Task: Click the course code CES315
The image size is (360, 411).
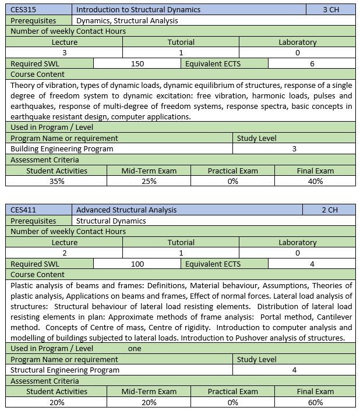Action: pyautogui.click(x=23, y=9)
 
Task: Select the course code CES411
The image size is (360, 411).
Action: pyautogui.click(x=23, y=210)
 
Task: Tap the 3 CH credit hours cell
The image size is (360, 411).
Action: pyautogui.click(x=330, y=9)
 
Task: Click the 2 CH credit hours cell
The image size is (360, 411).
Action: pyautogui.click(x=330, y=210)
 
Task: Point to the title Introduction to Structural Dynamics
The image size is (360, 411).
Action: pyautogui.click(x=138, y=9)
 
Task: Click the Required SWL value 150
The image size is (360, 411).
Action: pyautogui.click(x=137, y=64)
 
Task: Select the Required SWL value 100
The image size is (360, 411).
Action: pyautogui.click(x=137, y=264)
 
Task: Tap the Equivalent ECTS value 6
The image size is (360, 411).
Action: pyautogui.click(x=312, y=64)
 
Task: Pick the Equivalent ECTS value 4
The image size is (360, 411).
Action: pyautogui.click(x=312, y=264)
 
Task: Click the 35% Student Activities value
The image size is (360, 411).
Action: pyautogui.click(x=57, y=182)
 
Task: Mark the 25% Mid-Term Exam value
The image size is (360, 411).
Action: pyautogui.click(x=149, y=182)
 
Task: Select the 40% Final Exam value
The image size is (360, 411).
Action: pyautogui.click(x=315, y=182)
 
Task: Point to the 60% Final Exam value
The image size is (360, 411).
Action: pyautogui.click(x=315, y=402)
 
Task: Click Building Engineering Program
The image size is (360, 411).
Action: pyautogui.click(x=62, y=149)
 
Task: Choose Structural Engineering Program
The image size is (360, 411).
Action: pyautogui.click(x=65, y=370)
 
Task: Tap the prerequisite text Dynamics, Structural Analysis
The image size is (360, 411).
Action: pyautogui.click(x=127, y=20)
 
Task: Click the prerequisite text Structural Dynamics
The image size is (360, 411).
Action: pyautogui.click(x=111, y=221)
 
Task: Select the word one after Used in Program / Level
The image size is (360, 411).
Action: pyautogui.click(x=135, y=349)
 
